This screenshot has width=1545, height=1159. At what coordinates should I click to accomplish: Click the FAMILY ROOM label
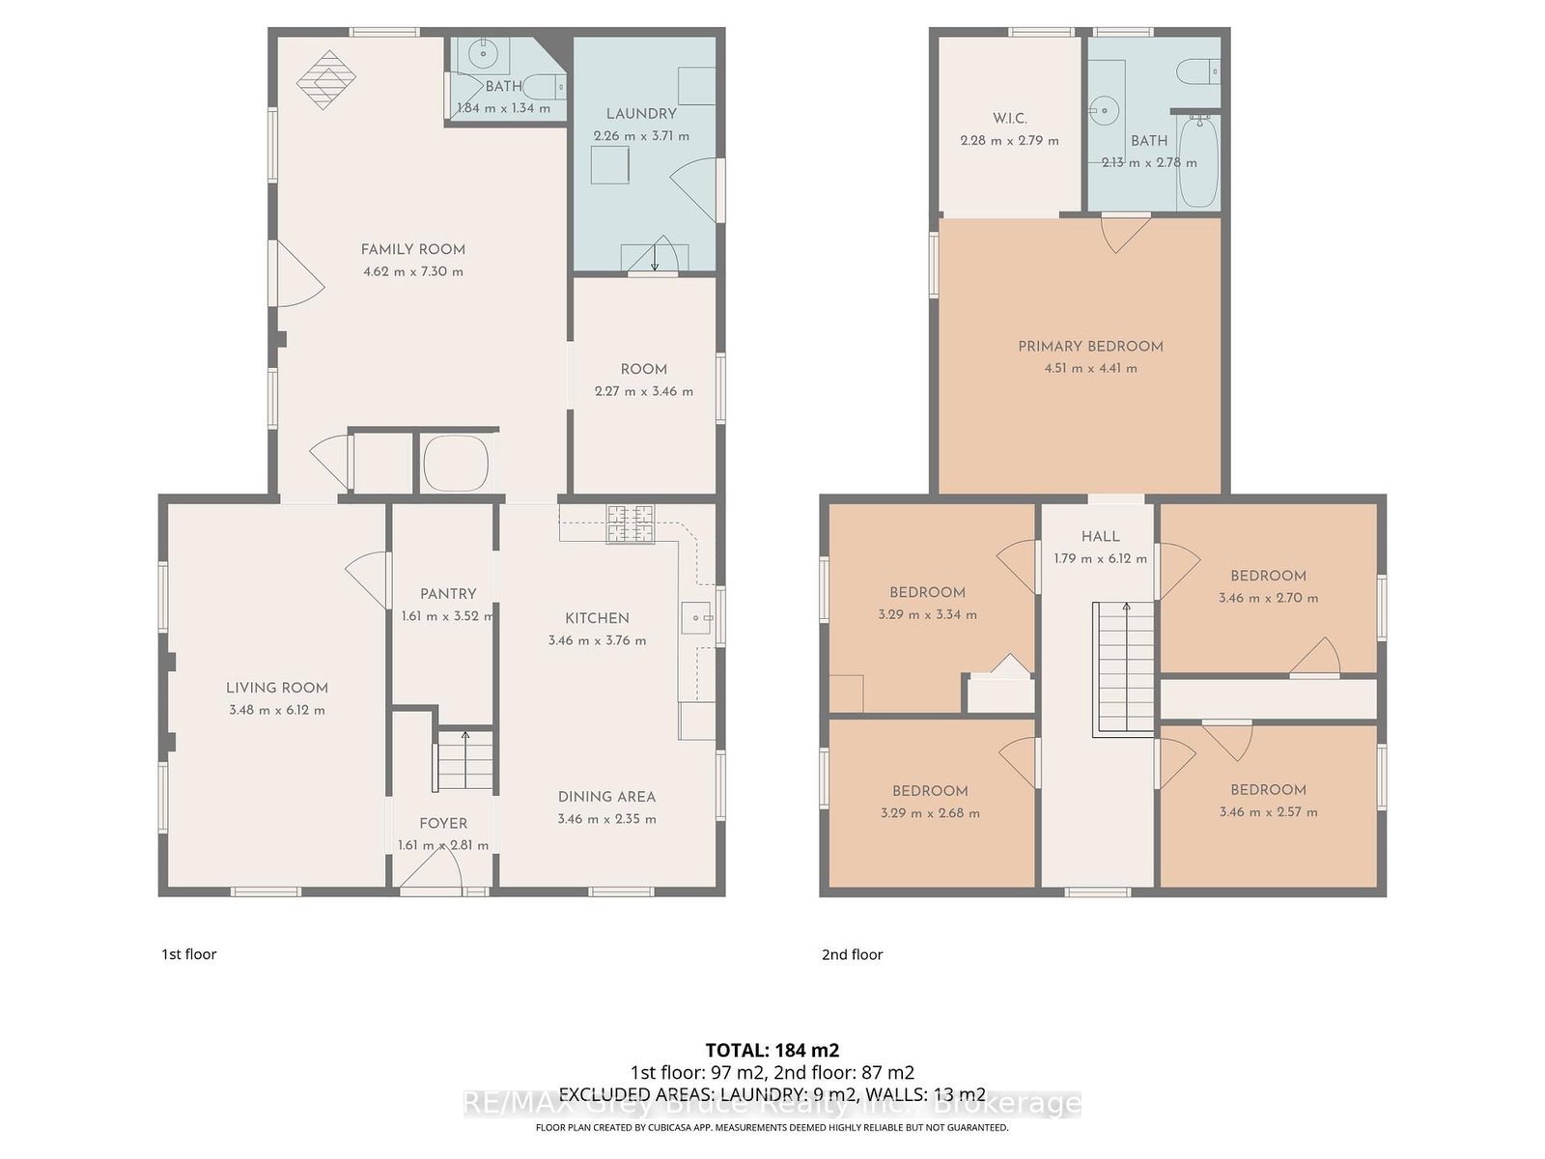[412, 249]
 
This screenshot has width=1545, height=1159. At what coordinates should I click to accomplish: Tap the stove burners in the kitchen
[631, 523]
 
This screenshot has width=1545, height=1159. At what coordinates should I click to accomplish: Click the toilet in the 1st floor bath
[547, 86]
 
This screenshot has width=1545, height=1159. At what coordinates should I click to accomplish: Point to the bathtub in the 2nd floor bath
[1198, 162]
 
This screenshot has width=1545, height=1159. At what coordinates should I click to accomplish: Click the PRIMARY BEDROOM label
[1090, 346]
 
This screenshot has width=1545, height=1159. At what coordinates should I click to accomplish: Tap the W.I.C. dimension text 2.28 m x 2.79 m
[1009, 141]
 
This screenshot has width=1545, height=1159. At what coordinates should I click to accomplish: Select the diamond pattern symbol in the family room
[325, 79]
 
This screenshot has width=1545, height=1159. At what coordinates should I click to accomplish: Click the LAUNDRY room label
[641, 114]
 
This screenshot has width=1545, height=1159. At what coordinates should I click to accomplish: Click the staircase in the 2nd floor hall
[1123, 669]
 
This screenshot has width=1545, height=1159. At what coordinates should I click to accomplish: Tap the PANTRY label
[448, 594]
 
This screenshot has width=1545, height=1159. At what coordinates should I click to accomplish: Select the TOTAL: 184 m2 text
[772, 1051]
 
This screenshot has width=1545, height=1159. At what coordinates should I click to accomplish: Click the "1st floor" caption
[188, 954]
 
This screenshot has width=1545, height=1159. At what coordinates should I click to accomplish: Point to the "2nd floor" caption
[852, 955]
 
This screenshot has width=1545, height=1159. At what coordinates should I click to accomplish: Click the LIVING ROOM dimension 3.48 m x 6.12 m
[277, 710]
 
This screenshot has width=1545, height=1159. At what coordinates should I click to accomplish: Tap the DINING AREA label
[606, 797]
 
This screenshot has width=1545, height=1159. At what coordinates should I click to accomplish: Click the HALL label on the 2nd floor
[1100, 536]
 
